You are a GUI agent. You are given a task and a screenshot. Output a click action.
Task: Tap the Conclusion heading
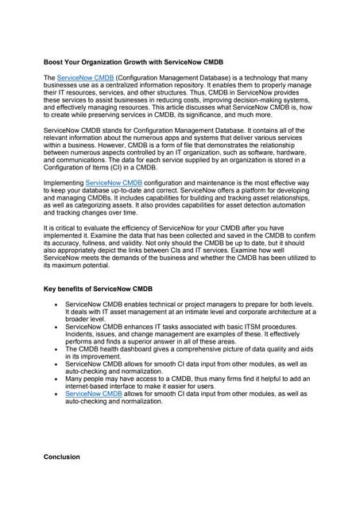[61, 457]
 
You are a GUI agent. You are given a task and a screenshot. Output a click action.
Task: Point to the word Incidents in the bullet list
[83, 336]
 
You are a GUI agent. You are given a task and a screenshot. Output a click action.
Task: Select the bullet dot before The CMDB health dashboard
[54, 349]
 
